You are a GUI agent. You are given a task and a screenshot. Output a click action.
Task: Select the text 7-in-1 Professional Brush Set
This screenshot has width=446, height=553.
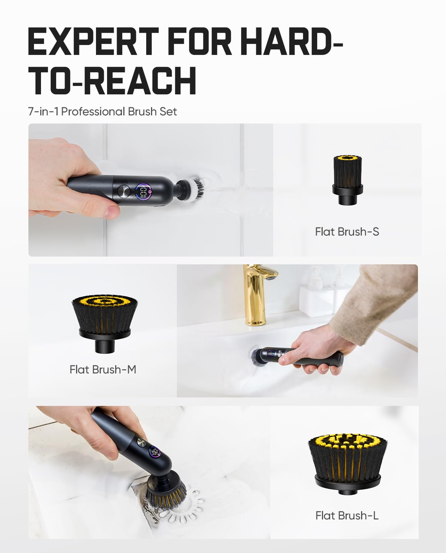[102, 111]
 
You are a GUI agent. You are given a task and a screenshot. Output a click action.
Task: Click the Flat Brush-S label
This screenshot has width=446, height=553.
[347, 232]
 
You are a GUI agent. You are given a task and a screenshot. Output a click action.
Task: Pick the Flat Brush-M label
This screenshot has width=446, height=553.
[103, 369]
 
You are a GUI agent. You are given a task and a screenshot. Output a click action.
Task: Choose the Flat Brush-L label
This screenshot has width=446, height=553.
[347, 515]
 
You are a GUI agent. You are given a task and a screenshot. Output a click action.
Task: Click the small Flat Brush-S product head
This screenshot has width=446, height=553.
[347, 179]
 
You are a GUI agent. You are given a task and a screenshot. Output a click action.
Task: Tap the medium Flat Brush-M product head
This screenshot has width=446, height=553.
[105, 321]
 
